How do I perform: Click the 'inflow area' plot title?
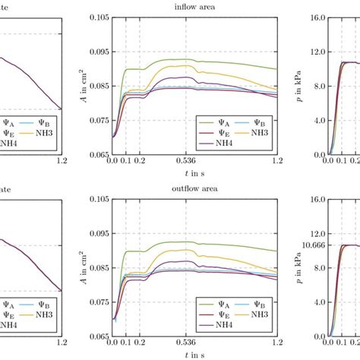coord(194,7)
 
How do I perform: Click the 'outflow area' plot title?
coord(194,189)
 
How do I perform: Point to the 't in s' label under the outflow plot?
coord(194,355)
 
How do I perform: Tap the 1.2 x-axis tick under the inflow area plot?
coord(277,161)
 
